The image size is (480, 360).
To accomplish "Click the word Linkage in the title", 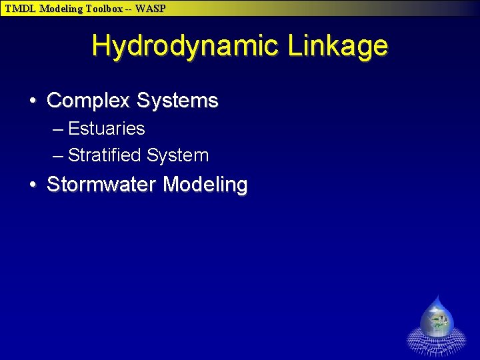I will pos(338,46).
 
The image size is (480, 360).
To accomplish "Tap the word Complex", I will pos(88,101).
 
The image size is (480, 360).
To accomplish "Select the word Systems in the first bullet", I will pos(177,101).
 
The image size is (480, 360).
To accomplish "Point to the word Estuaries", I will pos(106,128).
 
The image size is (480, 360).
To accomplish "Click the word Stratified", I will pos(105,155).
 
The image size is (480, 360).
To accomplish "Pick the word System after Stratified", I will pos(178,155).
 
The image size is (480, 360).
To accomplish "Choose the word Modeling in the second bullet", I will pos(205,185).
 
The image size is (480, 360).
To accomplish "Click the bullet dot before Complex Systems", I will pos(33,101).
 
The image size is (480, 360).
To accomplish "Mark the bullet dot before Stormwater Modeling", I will pos(33,185).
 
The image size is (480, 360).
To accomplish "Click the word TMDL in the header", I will pos(19,9).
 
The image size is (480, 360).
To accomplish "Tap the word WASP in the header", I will pos(151,9).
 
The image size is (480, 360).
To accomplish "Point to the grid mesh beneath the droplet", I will pos(437,345).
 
